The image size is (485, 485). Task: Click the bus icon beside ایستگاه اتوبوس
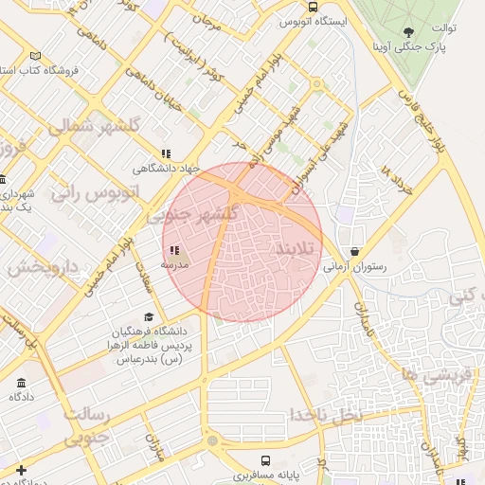pos(314,7)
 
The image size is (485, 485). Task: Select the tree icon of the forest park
pos(408,30)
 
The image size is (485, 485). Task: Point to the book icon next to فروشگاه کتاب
pos(35,56)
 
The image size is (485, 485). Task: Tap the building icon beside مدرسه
pos(172,251)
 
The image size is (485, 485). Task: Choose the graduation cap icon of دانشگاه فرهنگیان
pos(148,317)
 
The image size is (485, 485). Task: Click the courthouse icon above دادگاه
pos(21,383)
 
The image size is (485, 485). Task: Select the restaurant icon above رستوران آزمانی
pos(354,253)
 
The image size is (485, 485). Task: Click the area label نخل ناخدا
pos(327,415)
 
